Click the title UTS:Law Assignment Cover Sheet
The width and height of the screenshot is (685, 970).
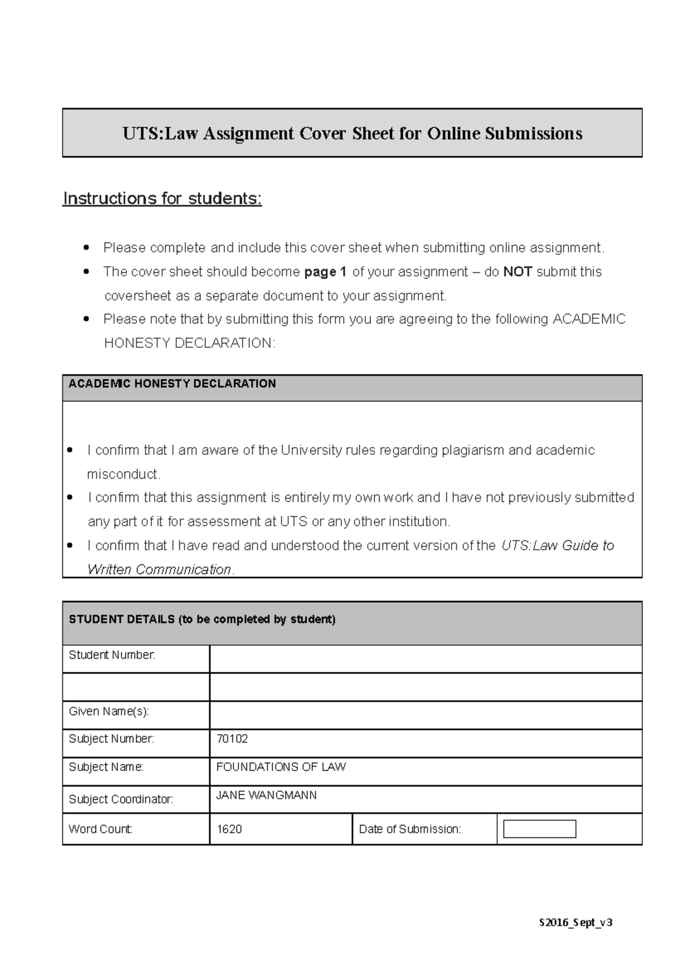352,134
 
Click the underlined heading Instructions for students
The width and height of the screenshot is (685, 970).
162,198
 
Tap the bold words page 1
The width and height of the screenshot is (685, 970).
325,272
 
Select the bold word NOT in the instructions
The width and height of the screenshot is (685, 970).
517,272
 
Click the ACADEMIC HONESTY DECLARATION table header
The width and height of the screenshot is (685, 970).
172,384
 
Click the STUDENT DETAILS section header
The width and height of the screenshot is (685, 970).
202,619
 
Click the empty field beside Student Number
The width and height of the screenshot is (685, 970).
425,659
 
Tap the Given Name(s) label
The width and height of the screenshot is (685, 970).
108,712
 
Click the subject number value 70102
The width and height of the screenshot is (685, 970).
232,739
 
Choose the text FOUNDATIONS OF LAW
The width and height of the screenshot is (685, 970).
281,767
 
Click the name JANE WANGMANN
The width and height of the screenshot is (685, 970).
266,795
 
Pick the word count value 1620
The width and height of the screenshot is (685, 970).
229,829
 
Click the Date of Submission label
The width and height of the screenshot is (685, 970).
409,829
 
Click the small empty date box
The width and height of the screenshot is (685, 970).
539,829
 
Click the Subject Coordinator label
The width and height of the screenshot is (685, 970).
120,799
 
